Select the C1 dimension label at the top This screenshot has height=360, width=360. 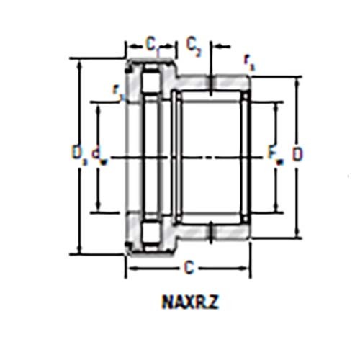(152, 45)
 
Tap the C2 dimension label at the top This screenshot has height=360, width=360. (194, 45)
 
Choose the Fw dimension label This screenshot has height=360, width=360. (273, 154)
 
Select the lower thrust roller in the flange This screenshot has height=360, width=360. (152, 232)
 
